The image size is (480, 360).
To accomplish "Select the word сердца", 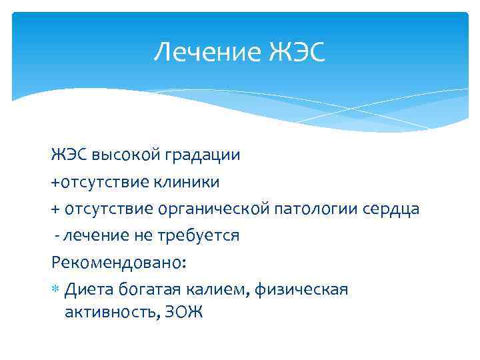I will (393, 209).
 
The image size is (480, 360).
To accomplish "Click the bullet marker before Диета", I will (55, 289).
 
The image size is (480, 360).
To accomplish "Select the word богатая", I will (149, 289).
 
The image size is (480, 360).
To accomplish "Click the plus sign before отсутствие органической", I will (55, 209).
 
